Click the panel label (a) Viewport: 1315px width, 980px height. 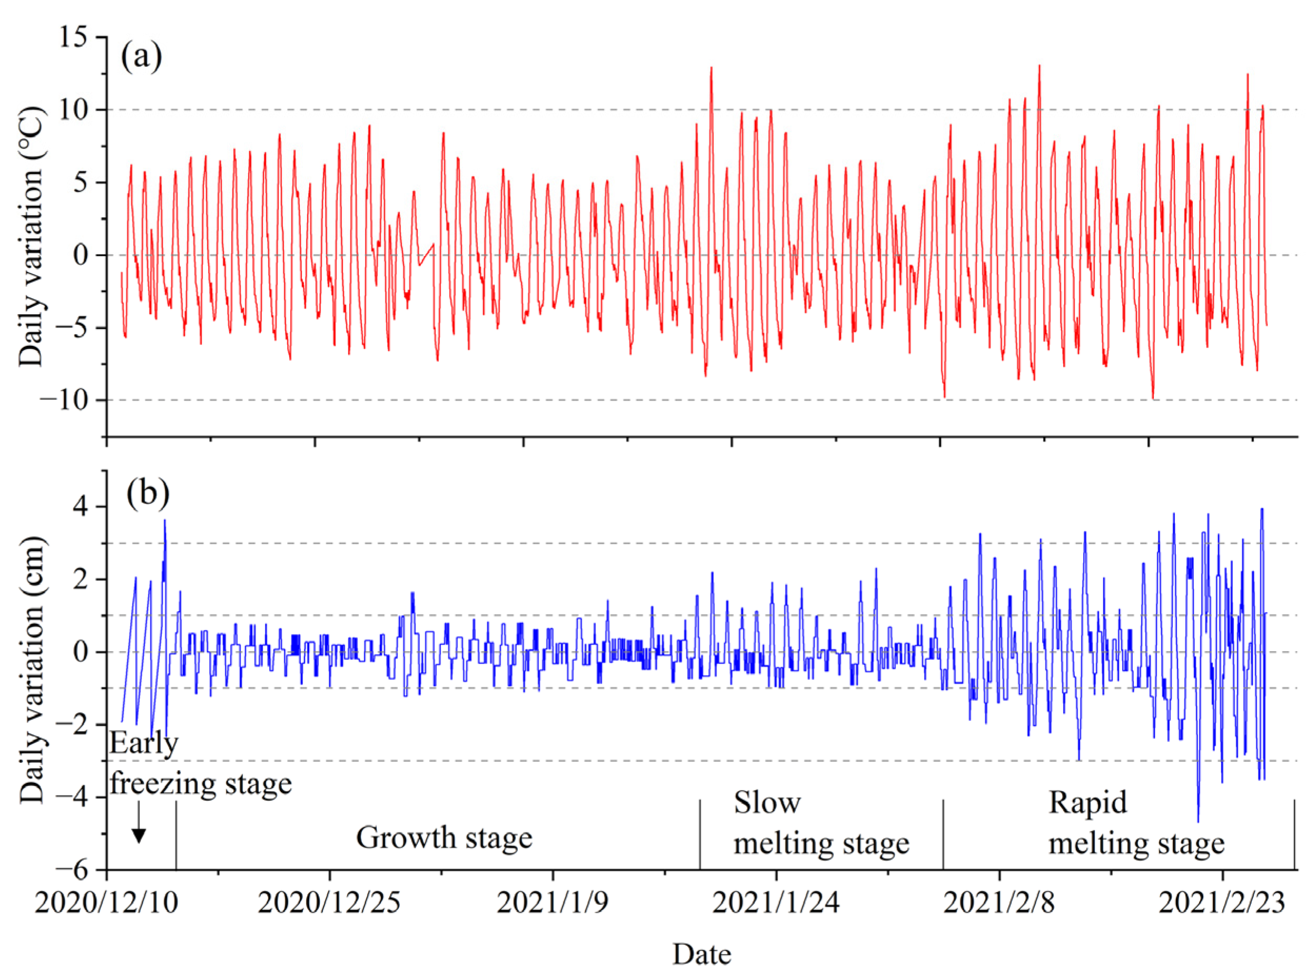[x=141, y=57]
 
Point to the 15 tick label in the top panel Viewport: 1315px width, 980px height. [x=74, y=37]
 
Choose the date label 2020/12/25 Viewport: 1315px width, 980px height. [x=329, y=903]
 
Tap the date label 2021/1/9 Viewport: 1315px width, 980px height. [x=552, y=903]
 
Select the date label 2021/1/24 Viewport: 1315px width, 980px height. [x=776, y=903]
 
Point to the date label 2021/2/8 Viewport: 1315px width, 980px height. [x=999, y=903]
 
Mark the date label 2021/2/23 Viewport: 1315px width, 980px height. [x=1221, y=903]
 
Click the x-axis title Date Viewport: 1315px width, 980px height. [x=701, y=955]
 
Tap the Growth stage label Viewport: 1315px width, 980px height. [x=444, y=838]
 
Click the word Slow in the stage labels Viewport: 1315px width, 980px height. [x=767, y=803]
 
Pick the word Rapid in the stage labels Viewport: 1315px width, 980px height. [x=1087, y=803]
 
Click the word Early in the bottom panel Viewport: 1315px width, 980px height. [x=143, y=744]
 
